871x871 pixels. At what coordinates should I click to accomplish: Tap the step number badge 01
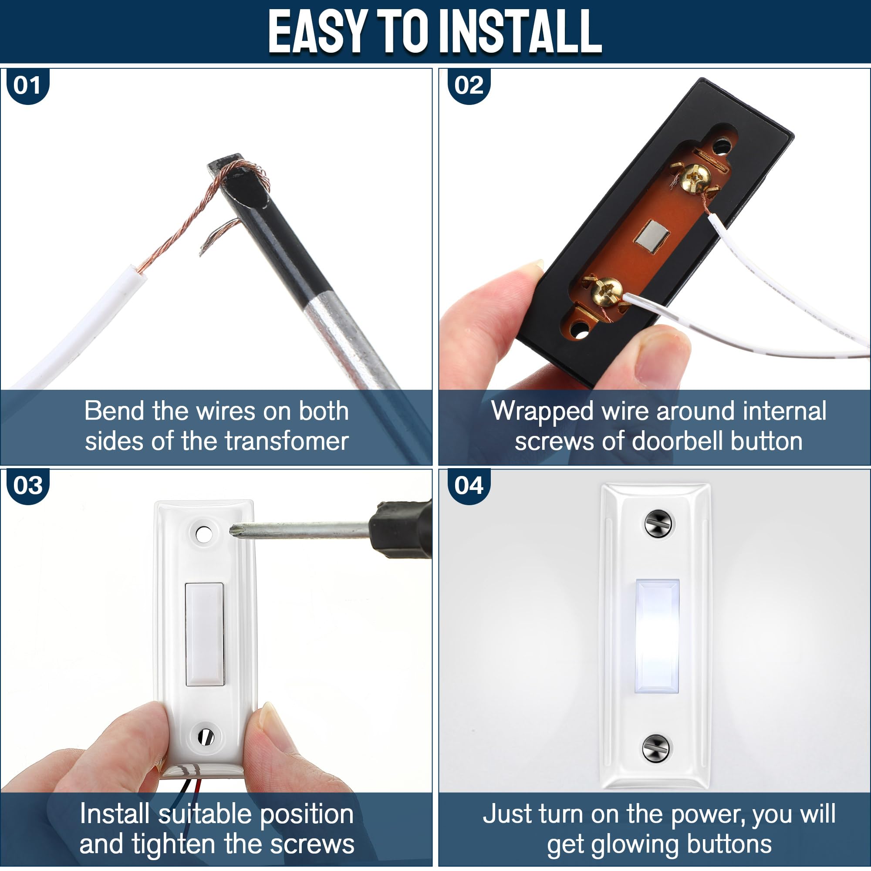pos(27,86)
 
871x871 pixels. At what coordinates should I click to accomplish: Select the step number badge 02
pos(469,86)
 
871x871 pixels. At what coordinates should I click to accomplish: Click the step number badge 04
pos(469,486)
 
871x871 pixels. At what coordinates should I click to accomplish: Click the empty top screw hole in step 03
pos(203,535)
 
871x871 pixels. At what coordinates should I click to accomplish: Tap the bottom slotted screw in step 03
pos(206,737)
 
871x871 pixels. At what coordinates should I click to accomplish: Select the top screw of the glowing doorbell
pos(658,524)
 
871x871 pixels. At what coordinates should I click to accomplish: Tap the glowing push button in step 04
pos(657,636)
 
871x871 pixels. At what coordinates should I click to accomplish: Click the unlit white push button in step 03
pos(205,635)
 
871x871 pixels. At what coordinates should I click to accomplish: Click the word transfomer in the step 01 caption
pos(287,441)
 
